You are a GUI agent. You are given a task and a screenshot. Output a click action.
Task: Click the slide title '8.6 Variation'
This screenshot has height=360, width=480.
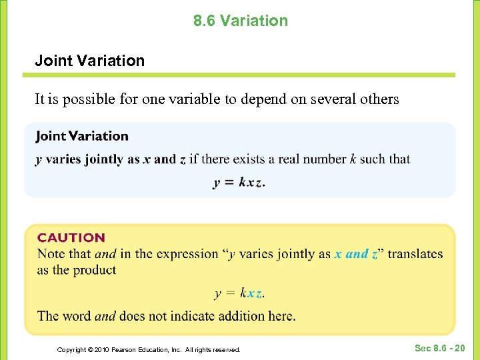[x=241, y=21]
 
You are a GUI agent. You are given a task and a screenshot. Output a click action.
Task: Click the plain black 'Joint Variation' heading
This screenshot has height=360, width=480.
[x=89, y=61]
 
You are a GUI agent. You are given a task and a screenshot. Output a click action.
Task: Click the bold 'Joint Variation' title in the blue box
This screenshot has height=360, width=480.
[x=82, y=136]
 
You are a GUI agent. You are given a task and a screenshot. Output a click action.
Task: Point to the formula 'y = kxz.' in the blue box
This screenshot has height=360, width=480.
[x=239, y=183]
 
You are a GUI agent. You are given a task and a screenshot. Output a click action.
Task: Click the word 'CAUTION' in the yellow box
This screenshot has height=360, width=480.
[x=71, y=237]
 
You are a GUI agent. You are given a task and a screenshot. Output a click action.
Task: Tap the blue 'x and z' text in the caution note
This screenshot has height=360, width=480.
[x=356, y=254]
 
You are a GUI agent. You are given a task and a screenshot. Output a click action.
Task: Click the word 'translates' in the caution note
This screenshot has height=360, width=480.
[x=415, y=254]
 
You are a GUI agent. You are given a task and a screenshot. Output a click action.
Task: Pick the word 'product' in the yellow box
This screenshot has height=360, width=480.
[x=95, y=270]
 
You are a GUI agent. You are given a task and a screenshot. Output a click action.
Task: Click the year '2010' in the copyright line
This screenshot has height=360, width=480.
[x=99, y=349]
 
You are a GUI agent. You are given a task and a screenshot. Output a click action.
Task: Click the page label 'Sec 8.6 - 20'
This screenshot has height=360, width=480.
[x=440, y=348]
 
